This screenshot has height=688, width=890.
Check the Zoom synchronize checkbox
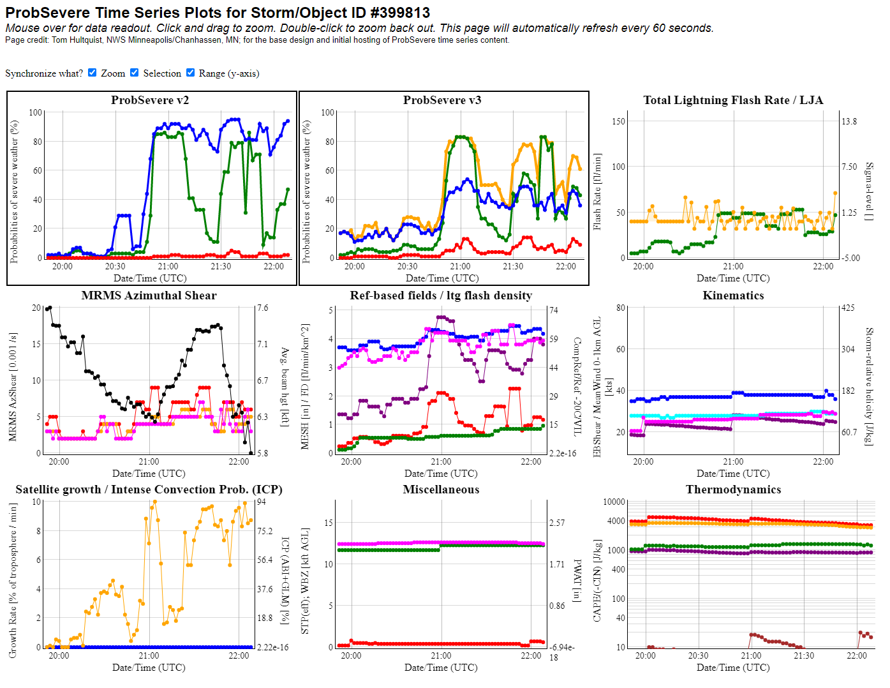pyautogui.click(x=93, y=73)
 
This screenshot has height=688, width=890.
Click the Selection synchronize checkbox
pyautogui.click(x=135, y=73)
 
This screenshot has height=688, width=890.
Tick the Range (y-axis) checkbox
pyautogui.click(x=190, y=73)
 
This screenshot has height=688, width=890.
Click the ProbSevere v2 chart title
pyautogui.click(x=150, y=100)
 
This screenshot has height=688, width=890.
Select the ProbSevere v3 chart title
pyautogui.click(x=442, y=100)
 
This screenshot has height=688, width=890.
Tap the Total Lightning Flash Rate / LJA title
pyautogui.click(x=733, y=100)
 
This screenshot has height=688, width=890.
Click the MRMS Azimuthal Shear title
pyautogui.click(x=149, y=295)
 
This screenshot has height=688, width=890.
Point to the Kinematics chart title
pyautogui.click(x=733, y=295)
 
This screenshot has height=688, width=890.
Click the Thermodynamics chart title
pyautogui.click(x=733, y=490)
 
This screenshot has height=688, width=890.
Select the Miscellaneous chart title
pyautogui.click(x=441, y=490)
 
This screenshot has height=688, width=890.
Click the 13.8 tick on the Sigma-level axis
pyautogui.click(x=849, y=121)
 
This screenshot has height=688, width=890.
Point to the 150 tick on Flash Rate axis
pyautogui.click(x=619, y=121)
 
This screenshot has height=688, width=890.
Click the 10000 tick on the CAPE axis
pyautogui.click(x=614, y=502)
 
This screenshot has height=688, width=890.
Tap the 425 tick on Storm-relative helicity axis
pyautogui.click(x=848, y=308)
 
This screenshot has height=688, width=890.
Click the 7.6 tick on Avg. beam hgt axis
pyautogui.click(x=263, y=308)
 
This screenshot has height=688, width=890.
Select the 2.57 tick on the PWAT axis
pyautogui.click(x=557, y=523)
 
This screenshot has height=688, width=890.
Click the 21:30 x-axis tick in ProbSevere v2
pyautogui.click(x=221, y=266)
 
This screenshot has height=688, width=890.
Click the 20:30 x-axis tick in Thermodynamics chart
pyautogui.click(x=698, y=655)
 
